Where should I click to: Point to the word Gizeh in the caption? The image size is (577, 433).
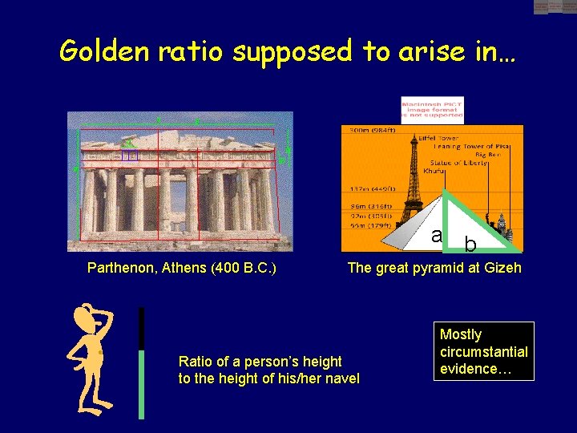tap(501, 268)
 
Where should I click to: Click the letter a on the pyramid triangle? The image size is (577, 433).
tap(436, 236)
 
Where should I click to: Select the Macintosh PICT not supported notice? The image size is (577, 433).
tap(432, 110)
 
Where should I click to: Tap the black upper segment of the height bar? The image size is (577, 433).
tap(142, 328)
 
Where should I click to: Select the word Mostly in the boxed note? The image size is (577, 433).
tap(461, 334)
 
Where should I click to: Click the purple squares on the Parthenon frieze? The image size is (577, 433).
tap(129, 155)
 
